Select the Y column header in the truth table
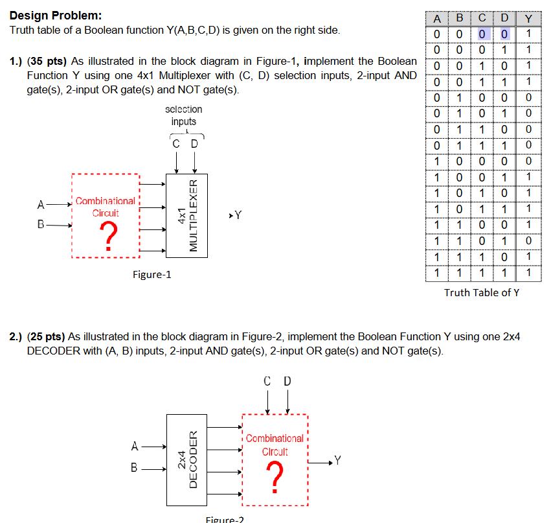528,18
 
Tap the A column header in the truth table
437,18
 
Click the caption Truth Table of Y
482,293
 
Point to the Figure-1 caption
152,275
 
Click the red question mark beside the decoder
275,478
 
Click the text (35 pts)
47,62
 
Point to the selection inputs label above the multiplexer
183,115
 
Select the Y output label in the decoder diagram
337,461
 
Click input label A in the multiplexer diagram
41,205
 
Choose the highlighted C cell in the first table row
482,34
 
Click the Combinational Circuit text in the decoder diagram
275,445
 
